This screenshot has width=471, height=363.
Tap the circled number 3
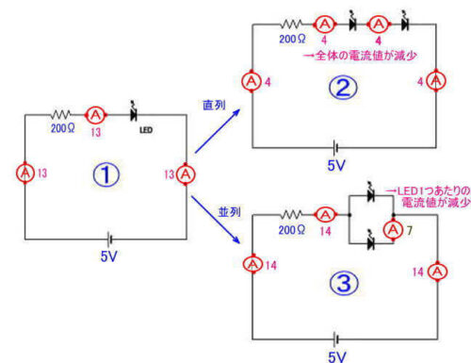pyautogui.click(x=345, y=280)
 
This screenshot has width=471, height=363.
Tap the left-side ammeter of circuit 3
pyautogui.click(x=253, y=267)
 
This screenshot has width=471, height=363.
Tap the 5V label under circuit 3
pyautogui.click(x=336, y=356)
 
